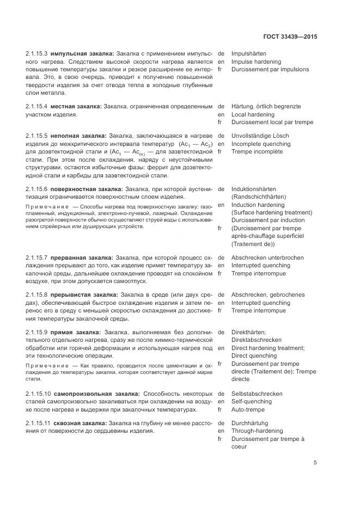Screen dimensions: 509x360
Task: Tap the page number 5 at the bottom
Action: pos(315,463)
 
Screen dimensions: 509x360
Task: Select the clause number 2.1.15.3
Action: pos(36,54)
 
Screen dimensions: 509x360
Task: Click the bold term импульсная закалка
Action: pos(82,54)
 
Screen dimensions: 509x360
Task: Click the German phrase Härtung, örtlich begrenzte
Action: pos(266,106)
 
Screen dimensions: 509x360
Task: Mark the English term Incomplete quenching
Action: pos(261,144)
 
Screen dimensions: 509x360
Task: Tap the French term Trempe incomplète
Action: pos(258,151)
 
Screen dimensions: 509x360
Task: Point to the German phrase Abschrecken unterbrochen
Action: pos(268,257)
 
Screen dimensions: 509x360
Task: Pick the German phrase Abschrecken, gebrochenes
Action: pos(268,295)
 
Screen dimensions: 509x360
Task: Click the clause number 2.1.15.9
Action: pos(36,332)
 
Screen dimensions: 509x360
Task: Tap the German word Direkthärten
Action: pos(249,332)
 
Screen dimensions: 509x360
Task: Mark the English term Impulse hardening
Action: pos(257,62)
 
